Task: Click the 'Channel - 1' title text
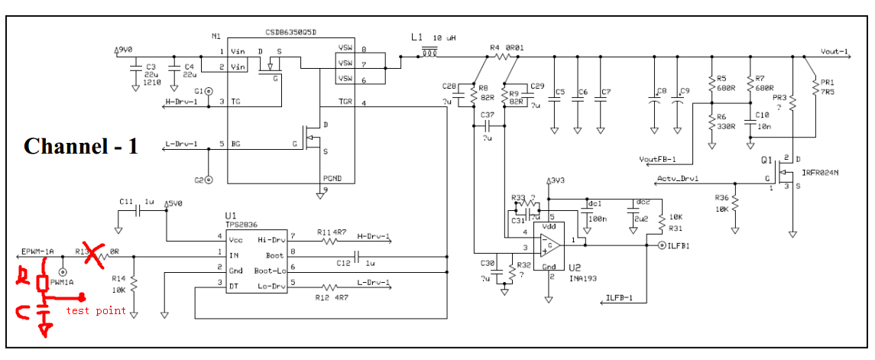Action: point(81,146)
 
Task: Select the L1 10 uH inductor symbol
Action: point(430,53)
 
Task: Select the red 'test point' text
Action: point(96,310)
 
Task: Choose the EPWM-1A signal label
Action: point(37,251)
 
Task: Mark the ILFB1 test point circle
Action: point(660,245)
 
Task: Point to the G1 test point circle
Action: point(209,90)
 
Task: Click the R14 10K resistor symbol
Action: point(134,284)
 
